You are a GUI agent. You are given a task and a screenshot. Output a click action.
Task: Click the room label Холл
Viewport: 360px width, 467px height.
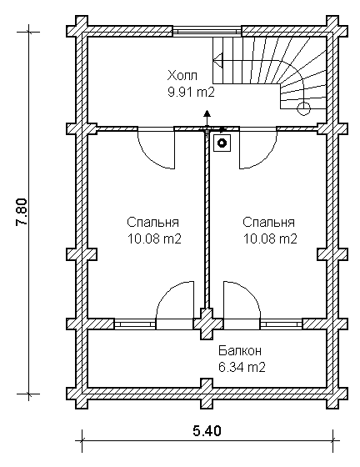coord(182,76)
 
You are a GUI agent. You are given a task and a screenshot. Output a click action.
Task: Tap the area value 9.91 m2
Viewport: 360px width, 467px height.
coord(191,93)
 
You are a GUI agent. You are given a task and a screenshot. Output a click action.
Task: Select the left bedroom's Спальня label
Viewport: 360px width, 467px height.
coord(153,223)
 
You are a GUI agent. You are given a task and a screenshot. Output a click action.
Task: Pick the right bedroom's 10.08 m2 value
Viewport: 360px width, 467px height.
coord(270,239)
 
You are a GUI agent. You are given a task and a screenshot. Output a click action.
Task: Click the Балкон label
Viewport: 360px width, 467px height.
coord(240,350)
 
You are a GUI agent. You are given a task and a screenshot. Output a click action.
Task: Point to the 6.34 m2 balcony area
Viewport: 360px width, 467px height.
coord(242,367)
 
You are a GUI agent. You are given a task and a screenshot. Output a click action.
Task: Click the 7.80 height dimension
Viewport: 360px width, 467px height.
coord(22,213)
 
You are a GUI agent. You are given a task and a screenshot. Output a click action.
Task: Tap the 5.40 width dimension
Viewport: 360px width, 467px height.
coord(207,430)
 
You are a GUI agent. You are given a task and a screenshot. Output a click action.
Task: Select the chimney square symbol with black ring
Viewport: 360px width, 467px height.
coord(222,143)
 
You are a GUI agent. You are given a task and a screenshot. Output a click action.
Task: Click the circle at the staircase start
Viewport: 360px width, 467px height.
coord(303,108)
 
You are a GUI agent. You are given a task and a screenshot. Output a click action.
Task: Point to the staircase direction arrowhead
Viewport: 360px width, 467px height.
coord(217,61)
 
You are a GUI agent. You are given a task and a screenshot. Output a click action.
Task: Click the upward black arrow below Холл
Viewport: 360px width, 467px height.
coord(207,119)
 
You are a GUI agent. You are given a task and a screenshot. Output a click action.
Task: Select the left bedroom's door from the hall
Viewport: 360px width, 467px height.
coord(156,148)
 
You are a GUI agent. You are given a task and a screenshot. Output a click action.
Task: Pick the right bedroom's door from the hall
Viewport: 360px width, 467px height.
coord(258,148)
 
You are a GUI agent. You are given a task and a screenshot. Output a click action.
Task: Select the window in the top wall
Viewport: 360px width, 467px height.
coord(207,32)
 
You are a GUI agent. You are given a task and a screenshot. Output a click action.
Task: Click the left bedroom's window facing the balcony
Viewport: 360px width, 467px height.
coord(135,324)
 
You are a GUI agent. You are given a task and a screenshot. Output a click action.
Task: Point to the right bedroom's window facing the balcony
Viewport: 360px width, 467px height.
coord(282,324)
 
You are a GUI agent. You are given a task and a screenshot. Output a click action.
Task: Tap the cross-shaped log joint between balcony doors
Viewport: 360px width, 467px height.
coord(207,324)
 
